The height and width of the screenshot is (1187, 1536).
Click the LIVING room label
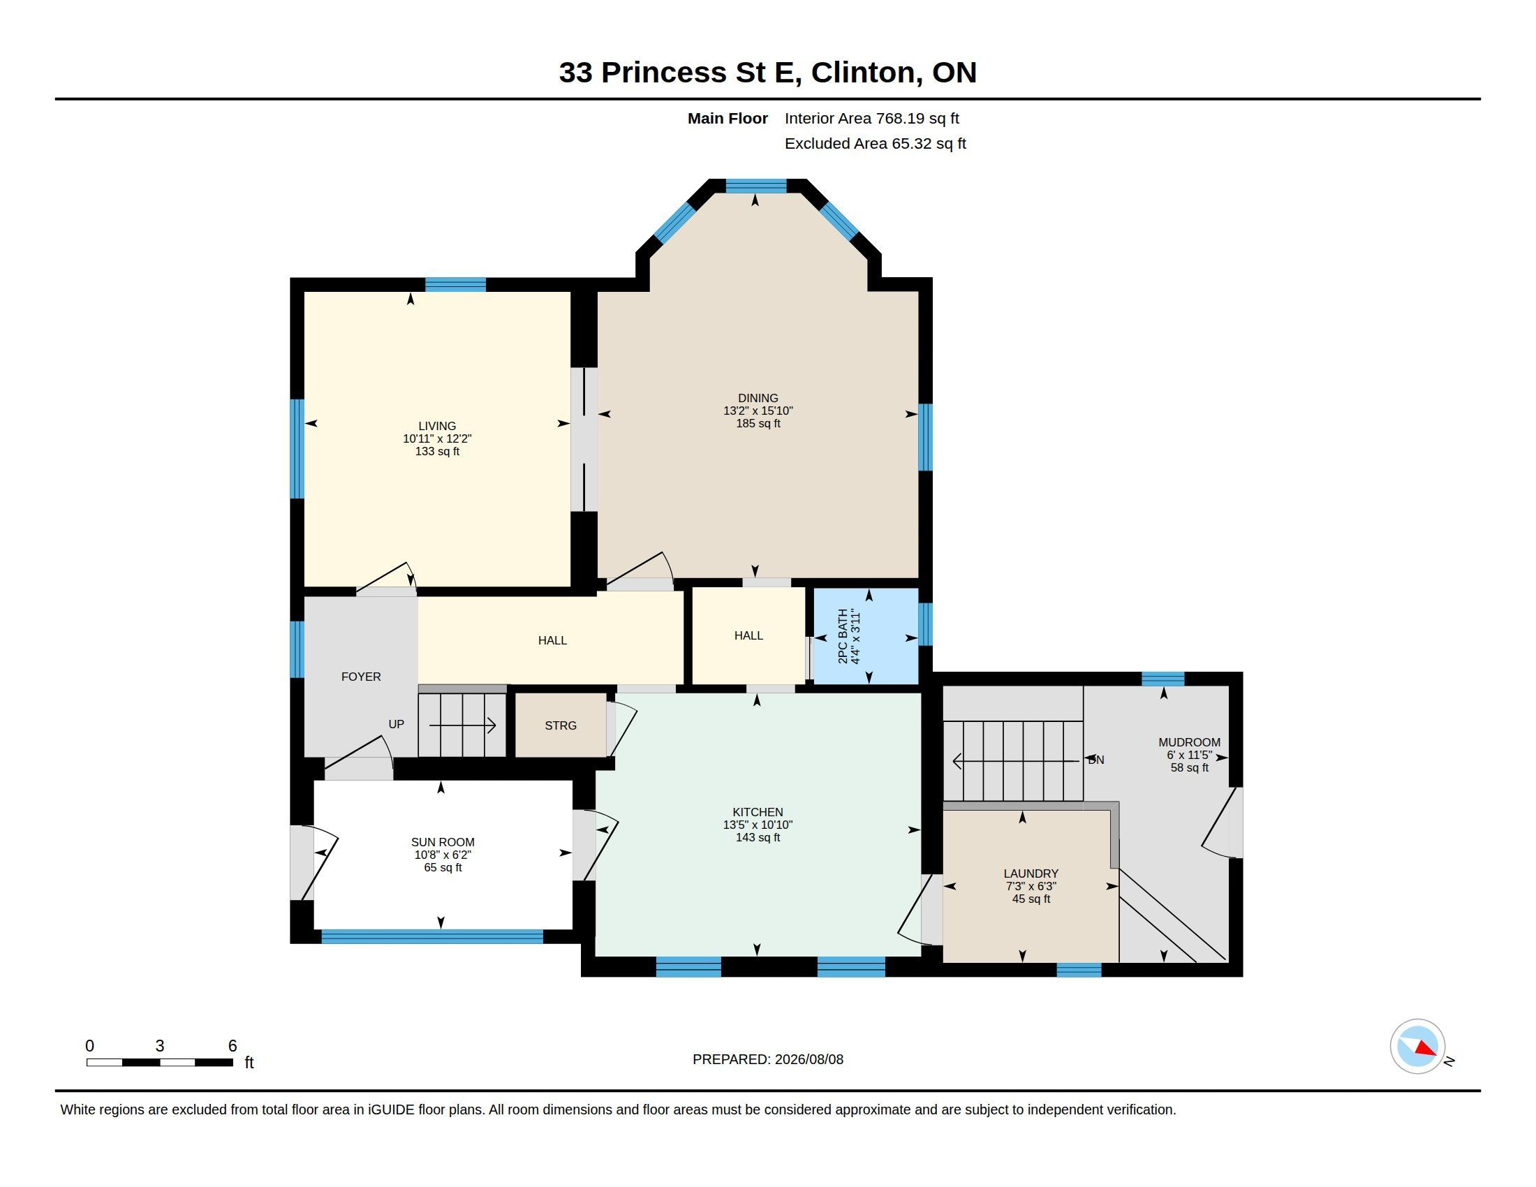pos(437,426)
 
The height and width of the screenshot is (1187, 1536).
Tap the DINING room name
pos(758,398)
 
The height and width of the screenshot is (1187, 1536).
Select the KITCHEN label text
pos(758,812)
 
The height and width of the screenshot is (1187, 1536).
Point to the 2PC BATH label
pos(843,636)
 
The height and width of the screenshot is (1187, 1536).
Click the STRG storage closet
pos(561,725)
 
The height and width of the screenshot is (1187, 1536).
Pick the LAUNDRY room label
pos(1031,874)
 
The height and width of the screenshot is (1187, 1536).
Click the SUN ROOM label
pos(443,843)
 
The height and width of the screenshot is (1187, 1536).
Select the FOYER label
pos(361,677)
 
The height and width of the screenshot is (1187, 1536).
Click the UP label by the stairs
pos(396,724)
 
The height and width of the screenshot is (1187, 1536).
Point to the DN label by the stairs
pos(1095,760)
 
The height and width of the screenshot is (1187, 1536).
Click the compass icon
pos(1417,1047)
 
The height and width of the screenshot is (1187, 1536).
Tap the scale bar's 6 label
pos(232,1046)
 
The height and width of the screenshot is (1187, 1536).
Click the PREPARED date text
pos(767,1059)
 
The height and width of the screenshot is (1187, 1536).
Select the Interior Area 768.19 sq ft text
pos(871,118)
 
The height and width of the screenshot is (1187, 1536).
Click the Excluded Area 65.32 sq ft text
pos(875,143)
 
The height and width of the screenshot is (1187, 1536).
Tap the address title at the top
pos(767,72)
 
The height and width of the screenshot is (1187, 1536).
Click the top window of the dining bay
pos(756,186)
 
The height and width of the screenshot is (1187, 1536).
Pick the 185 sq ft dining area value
pos(758,423)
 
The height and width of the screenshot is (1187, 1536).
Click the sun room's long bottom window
pos(433,936)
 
